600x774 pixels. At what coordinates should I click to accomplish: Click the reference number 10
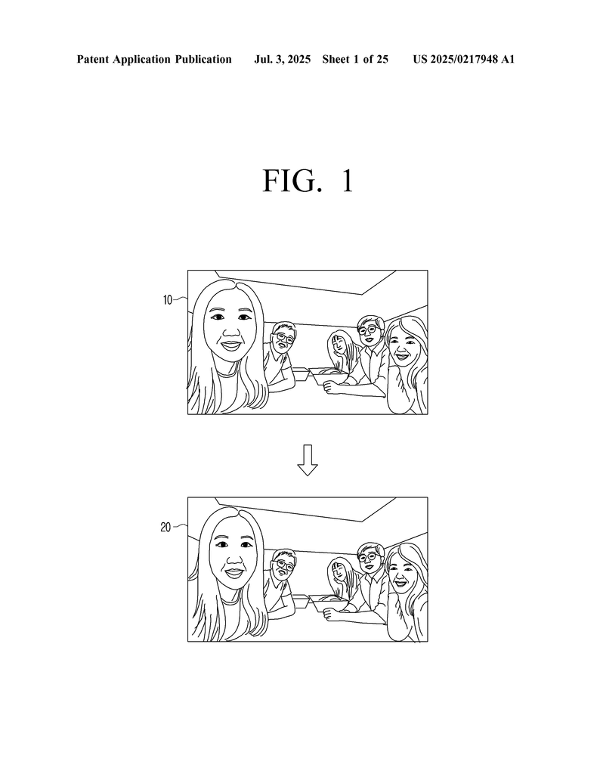(x=168, y=299)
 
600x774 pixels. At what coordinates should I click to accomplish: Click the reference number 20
(x=165, y=527)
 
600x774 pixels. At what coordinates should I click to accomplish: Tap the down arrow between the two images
(x=308, y=460)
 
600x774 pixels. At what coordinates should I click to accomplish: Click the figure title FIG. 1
(x=308, y=181)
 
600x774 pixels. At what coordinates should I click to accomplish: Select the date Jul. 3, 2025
(x=282, y=60)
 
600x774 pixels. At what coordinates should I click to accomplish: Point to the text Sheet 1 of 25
(x=355, y=60)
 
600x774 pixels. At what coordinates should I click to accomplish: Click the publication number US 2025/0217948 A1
(x=464, y=60)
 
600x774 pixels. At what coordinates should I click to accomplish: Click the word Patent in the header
(x=93, y=60)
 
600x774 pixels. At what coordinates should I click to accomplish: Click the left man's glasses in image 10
(x=284, y=338)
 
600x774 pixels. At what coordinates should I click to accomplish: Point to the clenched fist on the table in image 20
(x=331, y=615)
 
